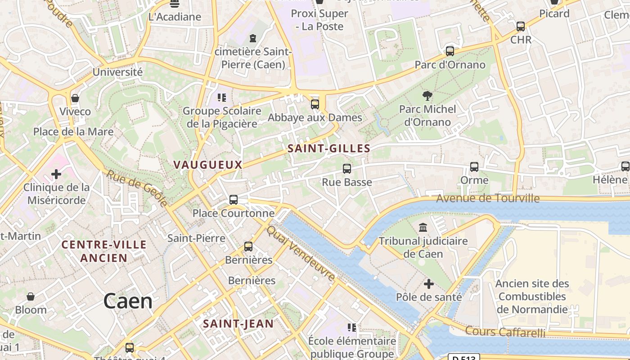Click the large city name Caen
click(128, 301)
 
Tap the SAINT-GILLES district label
click(329, 148)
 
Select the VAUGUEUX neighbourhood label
click(208, 165)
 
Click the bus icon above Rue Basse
click(346, 169)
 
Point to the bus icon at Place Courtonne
click(233, 199)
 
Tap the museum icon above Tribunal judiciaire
click(423, 227)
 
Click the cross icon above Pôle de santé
click(429, 284)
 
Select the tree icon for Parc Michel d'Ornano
click(427, 95)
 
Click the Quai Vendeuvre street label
click(301, 253)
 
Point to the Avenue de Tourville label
click(488, 198)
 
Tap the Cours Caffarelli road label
click(505, 332)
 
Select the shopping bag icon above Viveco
click(75, 98)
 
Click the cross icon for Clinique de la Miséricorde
click(56, 174)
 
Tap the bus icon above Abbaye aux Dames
click(315, 104)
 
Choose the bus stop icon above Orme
click(474, 167)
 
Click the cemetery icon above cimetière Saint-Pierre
click(253, 38)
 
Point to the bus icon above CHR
click(521, 26)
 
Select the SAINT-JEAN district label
click(238, 324)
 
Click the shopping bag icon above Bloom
click(31, 297)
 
